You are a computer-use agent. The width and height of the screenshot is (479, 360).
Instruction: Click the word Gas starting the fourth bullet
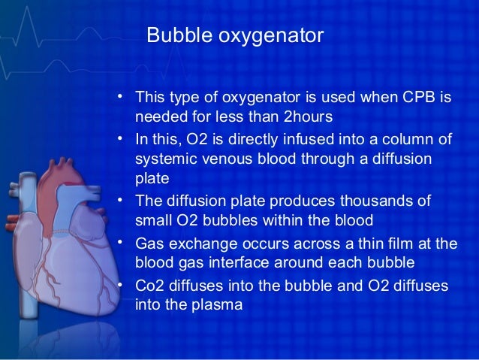click(149, 244)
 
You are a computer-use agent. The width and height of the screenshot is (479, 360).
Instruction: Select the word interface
click(284, 264)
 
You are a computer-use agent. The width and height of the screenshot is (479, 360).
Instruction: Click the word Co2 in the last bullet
click(149, 286)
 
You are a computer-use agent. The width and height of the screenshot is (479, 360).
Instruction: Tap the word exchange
click(199, 244)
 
